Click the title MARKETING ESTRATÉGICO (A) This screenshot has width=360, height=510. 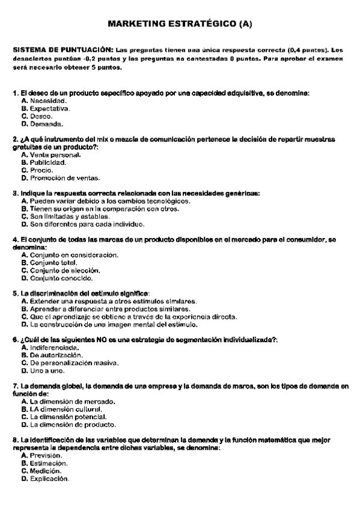[x=180, y=24]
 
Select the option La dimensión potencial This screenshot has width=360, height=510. [x=68, y=416]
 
